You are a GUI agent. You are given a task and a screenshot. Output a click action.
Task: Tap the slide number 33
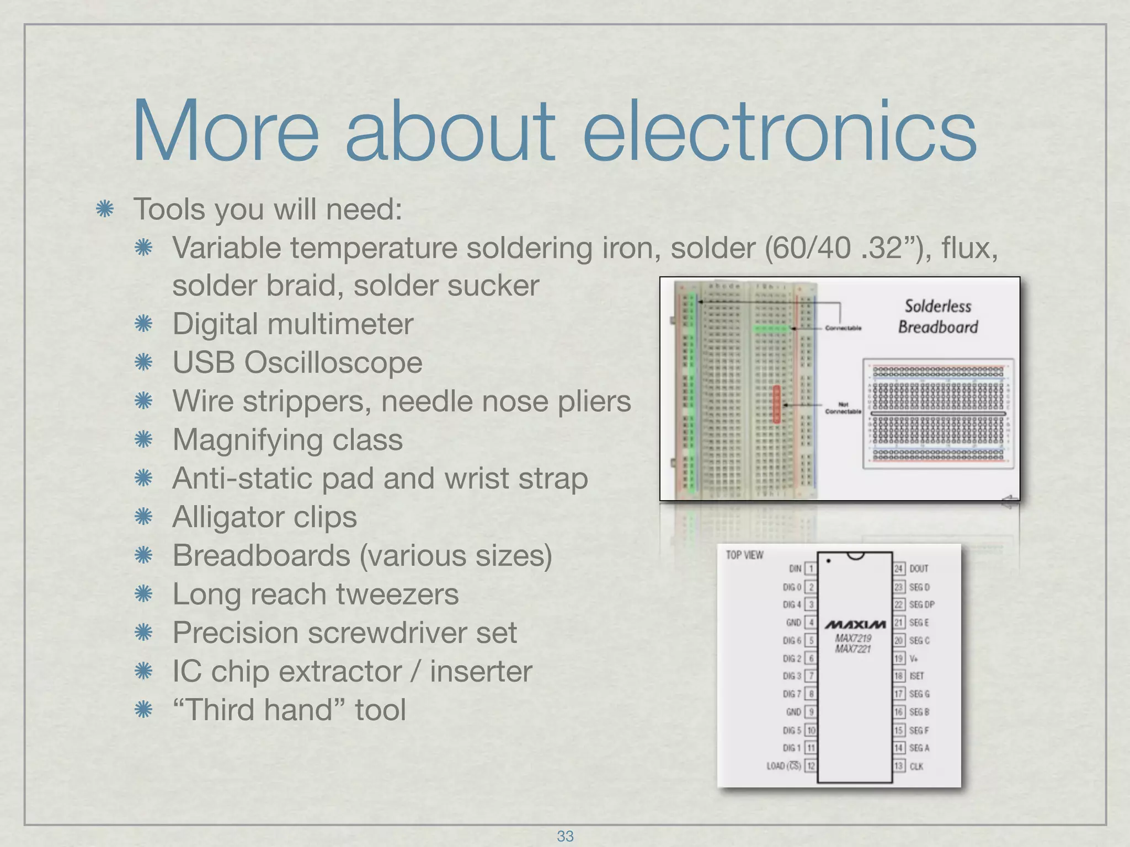point(565,836)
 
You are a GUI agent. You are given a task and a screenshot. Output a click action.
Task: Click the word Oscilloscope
point(333,363)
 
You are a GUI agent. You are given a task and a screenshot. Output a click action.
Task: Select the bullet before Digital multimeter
point(143,324)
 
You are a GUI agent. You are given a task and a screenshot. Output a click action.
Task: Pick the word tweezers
point(397,594)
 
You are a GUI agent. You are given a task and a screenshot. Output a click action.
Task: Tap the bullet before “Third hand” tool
point(143,710)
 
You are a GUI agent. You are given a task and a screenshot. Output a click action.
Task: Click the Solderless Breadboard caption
point(937,317)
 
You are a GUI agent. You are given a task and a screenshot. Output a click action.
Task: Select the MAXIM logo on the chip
point(855,624)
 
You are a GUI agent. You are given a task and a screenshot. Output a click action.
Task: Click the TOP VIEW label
point(744,555)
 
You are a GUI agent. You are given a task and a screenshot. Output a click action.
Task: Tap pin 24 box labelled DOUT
point(899,569)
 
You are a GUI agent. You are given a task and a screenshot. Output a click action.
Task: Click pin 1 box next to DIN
point(811,569)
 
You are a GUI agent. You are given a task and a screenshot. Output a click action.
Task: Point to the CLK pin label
point(916,766)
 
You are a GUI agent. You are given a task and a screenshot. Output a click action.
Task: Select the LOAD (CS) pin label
point(783,766)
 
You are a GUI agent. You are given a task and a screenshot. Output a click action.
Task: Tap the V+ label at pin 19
point(914,658)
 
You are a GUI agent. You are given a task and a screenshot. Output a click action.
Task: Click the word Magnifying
point(247,440)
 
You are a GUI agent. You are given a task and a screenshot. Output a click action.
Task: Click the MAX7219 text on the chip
point(852,638)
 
